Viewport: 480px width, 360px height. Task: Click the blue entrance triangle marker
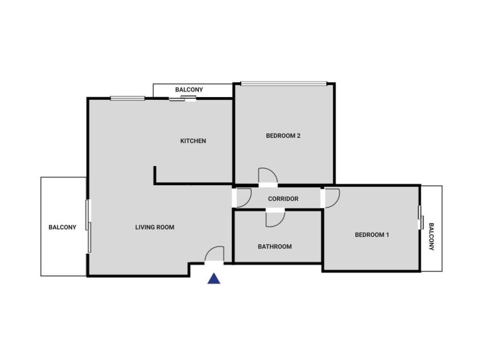point(214,278)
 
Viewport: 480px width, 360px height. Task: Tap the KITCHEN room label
point(193,141)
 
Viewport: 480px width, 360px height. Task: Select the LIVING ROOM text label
point(155,227)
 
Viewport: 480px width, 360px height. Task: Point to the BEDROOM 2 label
point(283,136)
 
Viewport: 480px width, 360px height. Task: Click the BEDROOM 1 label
point(372,235)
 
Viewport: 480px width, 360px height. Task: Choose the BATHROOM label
point(275,247)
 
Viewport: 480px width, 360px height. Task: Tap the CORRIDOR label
point(283,199)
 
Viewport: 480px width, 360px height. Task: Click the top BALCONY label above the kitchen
point(189,90)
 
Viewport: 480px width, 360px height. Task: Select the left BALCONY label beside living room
point(62,227)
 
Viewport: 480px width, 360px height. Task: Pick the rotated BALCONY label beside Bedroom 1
point(431,236)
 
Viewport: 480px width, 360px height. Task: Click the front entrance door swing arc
point(215,255)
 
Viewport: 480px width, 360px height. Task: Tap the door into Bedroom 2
point(268,176)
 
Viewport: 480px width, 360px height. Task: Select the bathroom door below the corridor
point(275,218)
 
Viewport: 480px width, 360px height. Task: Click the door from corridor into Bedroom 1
point(331,198)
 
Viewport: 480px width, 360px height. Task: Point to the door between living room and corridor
point(243,198)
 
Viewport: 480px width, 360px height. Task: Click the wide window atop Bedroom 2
point(283,84)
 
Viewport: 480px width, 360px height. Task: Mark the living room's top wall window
point(127,98)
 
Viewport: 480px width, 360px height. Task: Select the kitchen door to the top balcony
point(183,98)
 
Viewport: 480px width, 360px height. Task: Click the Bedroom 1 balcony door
point(420,218)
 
